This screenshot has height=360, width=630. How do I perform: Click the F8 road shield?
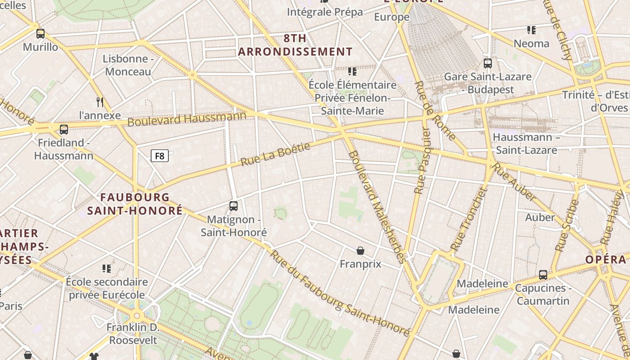[159, 156]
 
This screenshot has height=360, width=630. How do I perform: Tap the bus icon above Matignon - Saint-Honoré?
[233, 206]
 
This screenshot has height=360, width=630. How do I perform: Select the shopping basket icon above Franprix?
[360, 250]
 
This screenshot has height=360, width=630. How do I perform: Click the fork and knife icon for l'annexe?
[100, 102]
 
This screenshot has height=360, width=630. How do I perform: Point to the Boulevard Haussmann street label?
[187, 119]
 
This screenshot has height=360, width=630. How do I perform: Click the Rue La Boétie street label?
[275, 154]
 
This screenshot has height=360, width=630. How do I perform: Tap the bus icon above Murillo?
[40, 33]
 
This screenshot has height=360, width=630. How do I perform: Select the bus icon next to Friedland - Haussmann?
[64, 130]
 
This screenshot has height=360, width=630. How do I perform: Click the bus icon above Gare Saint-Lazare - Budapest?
[487, 63]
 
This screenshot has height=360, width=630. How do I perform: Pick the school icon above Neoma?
[531, 30]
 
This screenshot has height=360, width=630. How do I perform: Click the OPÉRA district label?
[606, 260]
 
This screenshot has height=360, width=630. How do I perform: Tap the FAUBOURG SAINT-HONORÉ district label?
[135, 204]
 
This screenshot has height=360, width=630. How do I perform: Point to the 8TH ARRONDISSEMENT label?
[295, 45]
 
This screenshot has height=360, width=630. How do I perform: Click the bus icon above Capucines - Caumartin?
[543, 274]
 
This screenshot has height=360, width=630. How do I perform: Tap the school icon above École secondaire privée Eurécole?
[107, 269]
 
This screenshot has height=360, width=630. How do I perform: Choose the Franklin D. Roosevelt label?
[133, 333]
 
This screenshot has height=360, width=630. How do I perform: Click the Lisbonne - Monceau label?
[128, 65]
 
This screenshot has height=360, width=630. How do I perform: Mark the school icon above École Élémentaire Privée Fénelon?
[352, 72]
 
